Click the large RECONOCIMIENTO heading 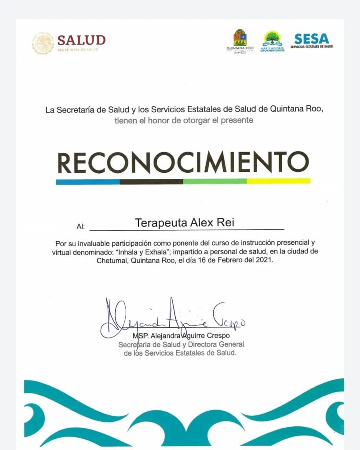(x=183, y=163)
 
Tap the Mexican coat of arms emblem (x=43, y=43)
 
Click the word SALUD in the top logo (x=81, y=40)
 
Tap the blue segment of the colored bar (x=87, y=181)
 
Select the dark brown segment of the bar (x=151, y=181)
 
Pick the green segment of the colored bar (x=215, y=181)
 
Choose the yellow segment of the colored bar (x=278, y=181)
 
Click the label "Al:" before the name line (x=80, y=227)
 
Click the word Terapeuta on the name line (x=161, y=223)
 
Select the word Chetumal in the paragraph (x=113, y=260)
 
